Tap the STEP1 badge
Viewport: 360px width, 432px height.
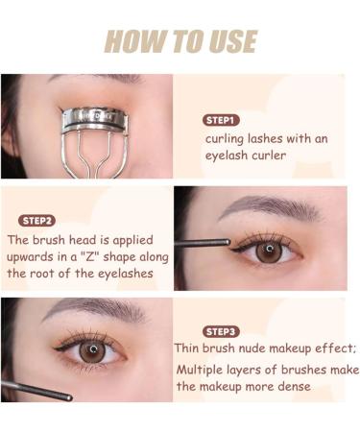coord(221,120)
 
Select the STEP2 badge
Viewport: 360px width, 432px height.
coord(37,220)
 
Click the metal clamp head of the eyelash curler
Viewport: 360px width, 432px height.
coord(94,120)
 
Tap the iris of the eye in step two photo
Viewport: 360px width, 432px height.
coord(269,251)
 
